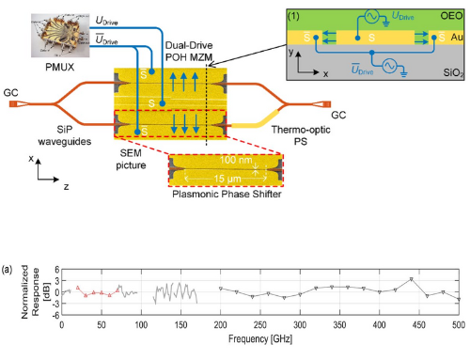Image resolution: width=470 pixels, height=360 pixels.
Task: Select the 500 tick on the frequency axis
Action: pos(458,325)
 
